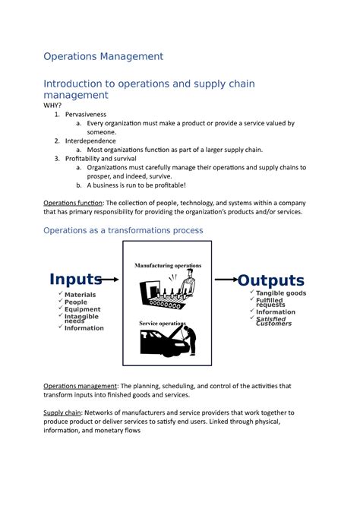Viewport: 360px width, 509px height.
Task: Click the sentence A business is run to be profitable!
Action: (x=136, y=185)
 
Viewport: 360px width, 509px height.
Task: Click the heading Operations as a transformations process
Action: (x=123, y=230)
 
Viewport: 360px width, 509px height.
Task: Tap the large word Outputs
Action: (x=271, y=280)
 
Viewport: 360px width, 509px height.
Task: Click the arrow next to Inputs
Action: (x=110, y=280)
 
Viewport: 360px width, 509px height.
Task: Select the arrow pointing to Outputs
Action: (x=227, y=280)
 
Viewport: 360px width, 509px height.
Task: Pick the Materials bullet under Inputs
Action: (x=80, y=295)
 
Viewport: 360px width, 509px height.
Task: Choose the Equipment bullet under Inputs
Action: (x=82, y=309)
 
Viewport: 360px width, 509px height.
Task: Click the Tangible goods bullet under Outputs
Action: (x=280, y=293)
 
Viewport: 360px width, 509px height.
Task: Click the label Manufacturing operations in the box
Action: (x=168, y=265)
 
